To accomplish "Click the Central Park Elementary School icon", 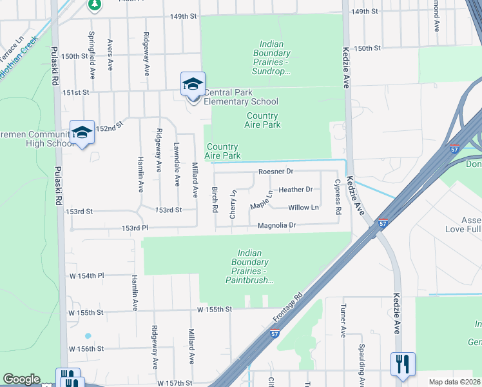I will click(193, 84).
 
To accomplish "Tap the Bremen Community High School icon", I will click(82, 133).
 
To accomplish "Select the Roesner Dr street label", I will click(276, 172).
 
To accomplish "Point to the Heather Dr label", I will click(296, 190).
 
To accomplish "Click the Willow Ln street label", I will click(304, 207).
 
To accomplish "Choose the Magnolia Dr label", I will click(276, 225).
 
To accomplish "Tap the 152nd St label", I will click(110, 127).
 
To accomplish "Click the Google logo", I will click(21, 379).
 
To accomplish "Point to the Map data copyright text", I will click(454, 382).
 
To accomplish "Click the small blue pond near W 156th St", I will click(88, 336).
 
